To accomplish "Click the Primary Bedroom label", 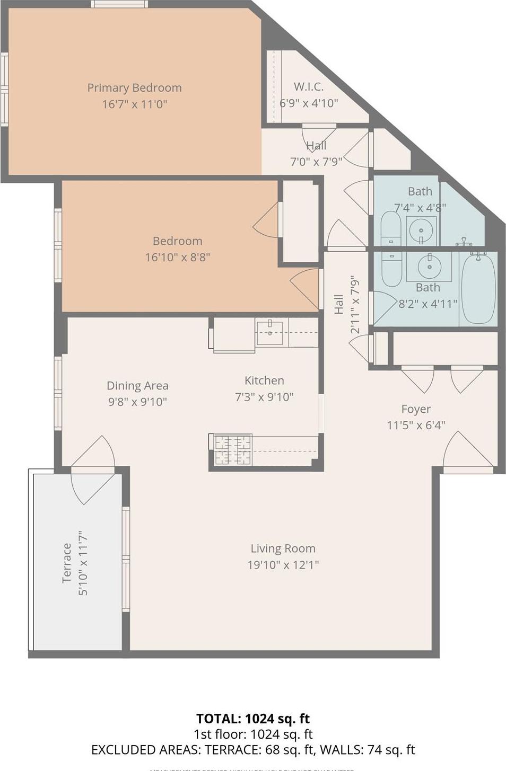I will pos(134,88).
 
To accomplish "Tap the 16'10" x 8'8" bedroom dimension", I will pos(177,258).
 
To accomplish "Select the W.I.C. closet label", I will pos(309,86).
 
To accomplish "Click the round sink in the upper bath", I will pos(421,231).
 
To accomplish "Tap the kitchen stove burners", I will pos(232,450).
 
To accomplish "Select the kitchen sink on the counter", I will pos(269,332).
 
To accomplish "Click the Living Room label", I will pos(283,548).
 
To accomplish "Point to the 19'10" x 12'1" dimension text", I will pos(283,565).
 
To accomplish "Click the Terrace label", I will pos(67,563).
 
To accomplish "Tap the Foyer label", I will pos(416,409).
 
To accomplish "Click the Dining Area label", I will pos(137,386).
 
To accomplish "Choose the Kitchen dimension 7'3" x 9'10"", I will pos(264,397).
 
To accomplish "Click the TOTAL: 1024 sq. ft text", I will pos(253,719).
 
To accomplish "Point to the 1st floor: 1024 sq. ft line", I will pos(253,734).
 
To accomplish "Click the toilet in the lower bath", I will pos(391,270).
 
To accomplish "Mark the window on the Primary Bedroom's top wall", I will pos(119,4).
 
